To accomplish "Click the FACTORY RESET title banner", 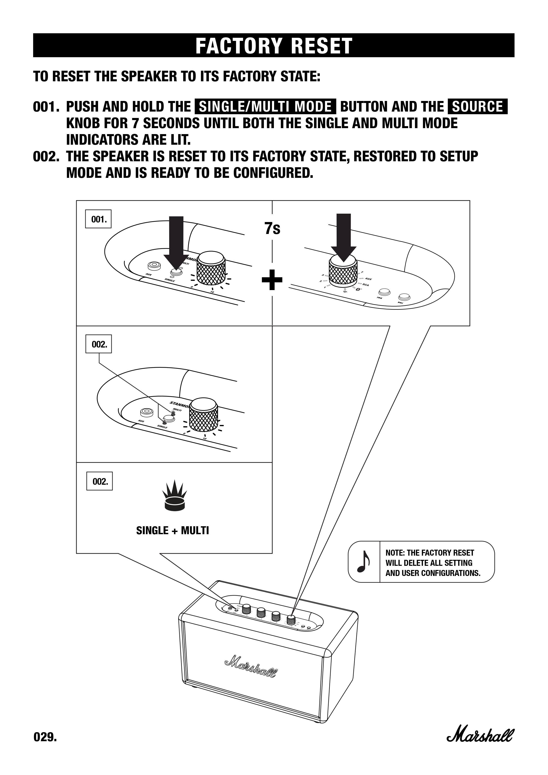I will click(x=274, y=45).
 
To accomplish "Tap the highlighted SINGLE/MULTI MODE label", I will click(x=265, y=107).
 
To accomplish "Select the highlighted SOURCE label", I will click(x=477, y=107).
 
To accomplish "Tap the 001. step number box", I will click(x=98, y=219).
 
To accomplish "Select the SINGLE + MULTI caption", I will click(x=173, y=531).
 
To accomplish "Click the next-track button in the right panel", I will click(x=404, y=297).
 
